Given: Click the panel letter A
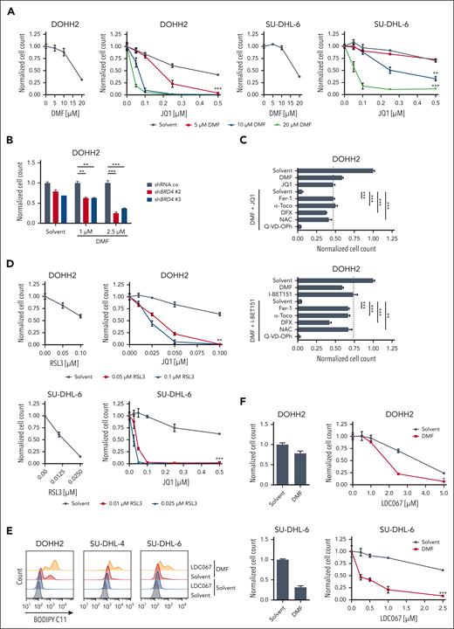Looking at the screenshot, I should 6,7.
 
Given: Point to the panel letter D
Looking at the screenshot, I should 6,271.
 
